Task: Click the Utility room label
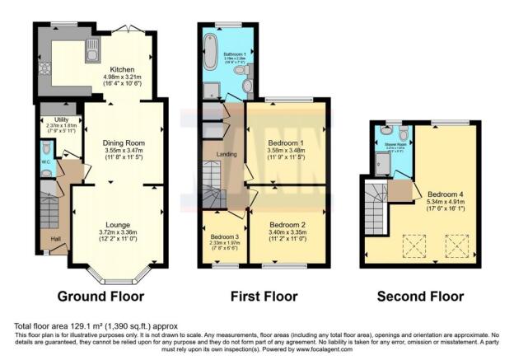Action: pos(58,120)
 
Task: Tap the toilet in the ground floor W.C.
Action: pos(48,148)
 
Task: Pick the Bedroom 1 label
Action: pos(287,142)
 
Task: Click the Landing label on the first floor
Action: pos(227,154)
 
